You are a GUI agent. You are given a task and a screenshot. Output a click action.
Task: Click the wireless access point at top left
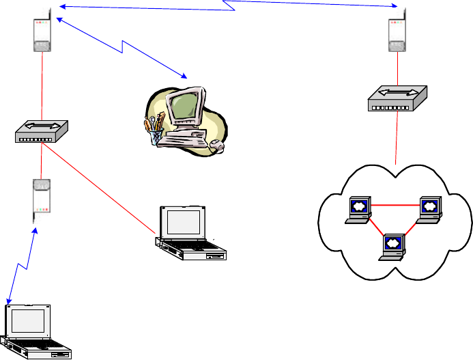pyautogui.click(x=42, y=31)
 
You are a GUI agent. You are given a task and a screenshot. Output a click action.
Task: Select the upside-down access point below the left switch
pyautogui.click(x=42, y=197)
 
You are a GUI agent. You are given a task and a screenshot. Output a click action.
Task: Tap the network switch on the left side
pyautogui.click(x=42, y=131)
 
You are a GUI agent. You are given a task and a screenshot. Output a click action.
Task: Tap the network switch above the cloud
pyautogui.click(x=396, y=100)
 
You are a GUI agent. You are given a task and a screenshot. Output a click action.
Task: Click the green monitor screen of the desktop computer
pyautogui.click(x=184, y=105)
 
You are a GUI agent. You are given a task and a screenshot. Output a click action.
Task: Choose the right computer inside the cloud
pyautogui.click(x=429, y=209)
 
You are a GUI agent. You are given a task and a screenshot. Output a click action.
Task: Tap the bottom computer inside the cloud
pyautogui.click(x=393, y=247)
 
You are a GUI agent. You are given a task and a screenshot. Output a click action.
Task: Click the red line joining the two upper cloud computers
pyautogui.click(x=393, y=204)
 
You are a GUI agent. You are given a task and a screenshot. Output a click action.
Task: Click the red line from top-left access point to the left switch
pyautogui.click(x=42, y=85)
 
